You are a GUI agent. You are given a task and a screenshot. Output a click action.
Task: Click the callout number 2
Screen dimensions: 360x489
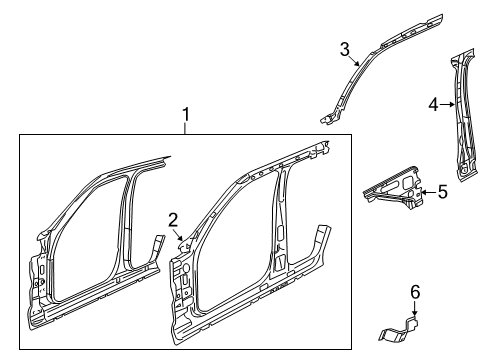click(x=172, y=221)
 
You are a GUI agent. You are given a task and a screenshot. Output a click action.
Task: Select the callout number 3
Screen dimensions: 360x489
click(x=343, y=48)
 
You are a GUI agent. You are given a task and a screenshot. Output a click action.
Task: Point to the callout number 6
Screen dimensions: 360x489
click(x=416, y=291)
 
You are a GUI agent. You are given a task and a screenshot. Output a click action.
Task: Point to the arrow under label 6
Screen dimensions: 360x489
click(x=415, y=308)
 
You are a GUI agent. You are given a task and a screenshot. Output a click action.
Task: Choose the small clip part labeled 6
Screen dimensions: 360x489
click(x=404, y=326)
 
